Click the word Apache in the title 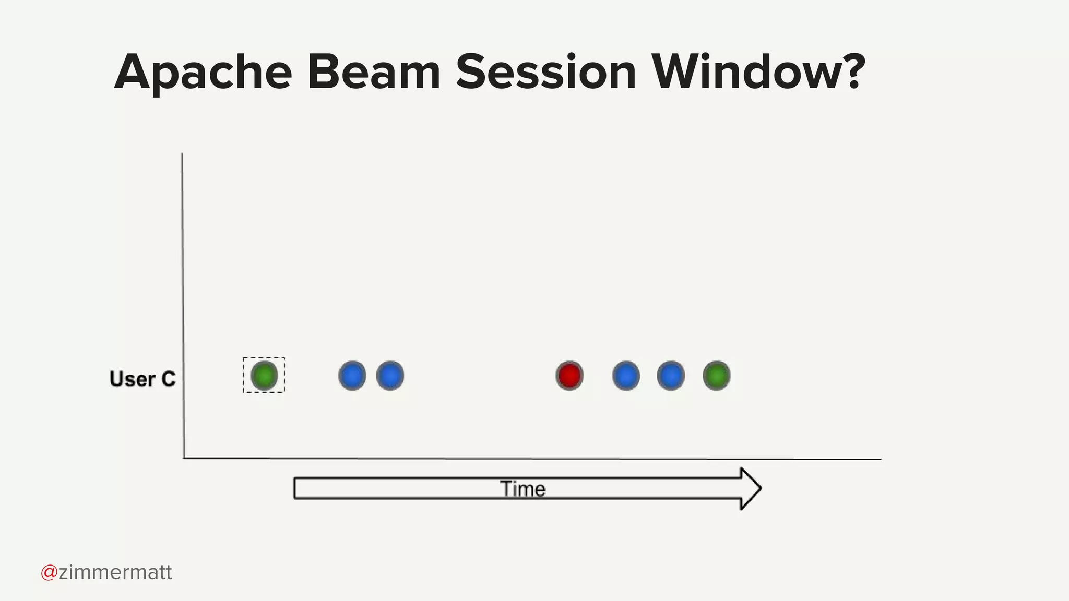(x=203, y=73)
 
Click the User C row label (x=142, y=379)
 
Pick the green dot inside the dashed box (x=264, y=376)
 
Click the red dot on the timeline (x=569, y=376)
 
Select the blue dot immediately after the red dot (x=626, y=376)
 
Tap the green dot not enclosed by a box (x=716, y=376)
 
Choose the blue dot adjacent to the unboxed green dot (x=671, y=376)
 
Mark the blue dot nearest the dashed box (x=352, y=376)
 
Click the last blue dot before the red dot (x=390, y=376)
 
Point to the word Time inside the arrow (x=523, y=489)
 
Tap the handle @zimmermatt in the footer (x=106, y=572)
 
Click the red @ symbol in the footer (x=49, y=572)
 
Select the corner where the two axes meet (x=184, y=458)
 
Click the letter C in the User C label (x=168, y=379)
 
